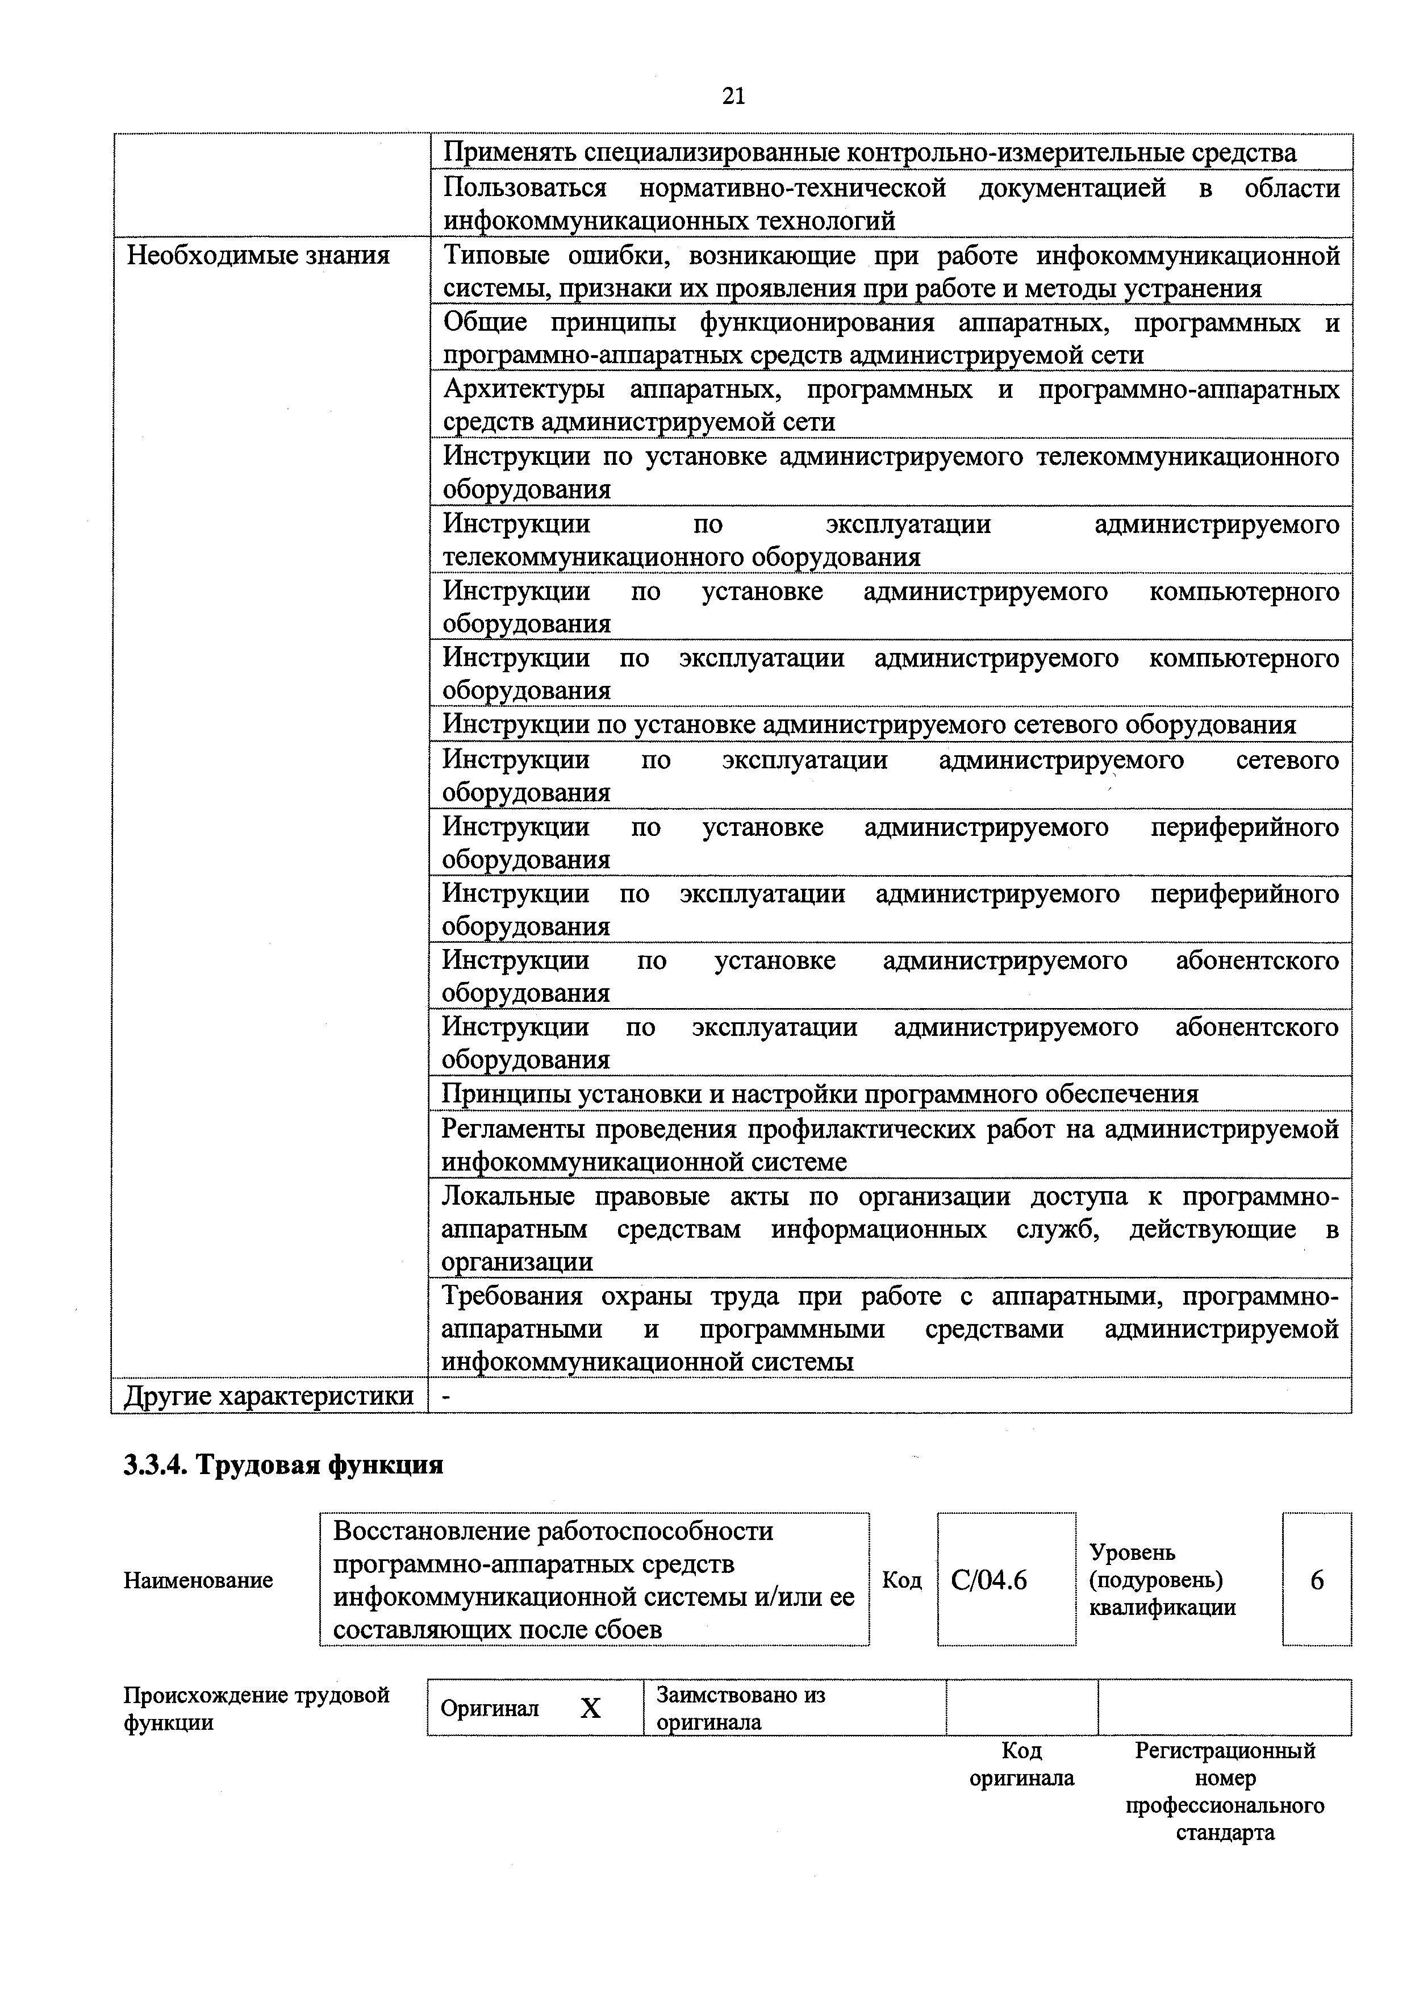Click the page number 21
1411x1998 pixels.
[732, 95]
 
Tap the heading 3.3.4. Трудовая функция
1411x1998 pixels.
[283, 1466]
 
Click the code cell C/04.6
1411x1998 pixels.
[988, 1579]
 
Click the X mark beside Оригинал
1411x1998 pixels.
[591, 1708]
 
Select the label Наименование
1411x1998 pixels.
[198, 1579]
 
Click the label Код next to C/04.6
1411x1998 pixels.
[902, 1579]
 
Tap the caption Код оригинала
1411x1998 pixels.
[1021, 1764]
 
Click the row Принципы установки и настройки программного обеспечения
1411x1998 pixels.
[820, 1094]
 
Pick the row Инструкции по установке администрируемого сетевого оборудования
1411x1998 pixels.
[868, 725]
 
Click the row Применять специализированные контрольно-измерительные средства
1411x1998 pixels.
[869, 153]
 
